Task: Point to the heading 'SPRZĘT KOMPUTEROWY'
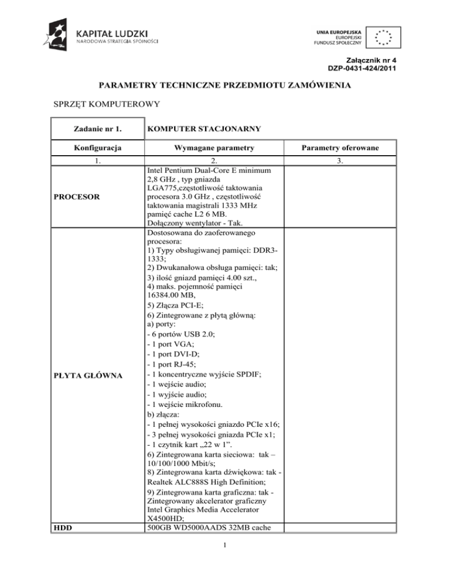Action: point(98,105)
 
